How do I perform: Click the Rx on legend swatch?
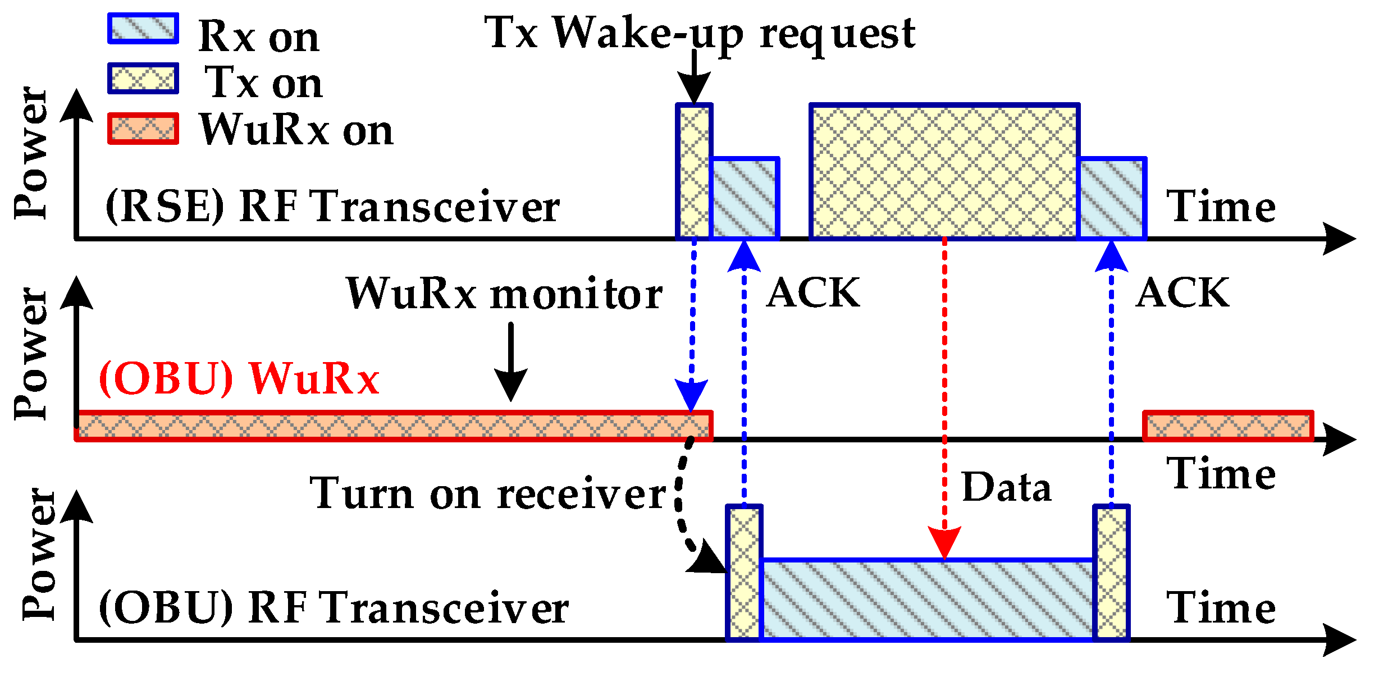point(143,29)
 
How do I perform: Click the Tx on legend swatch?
point(143,78)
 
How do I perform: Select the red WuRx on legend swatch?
point(143,129)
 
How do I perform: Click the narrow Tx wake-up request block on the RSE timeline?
point(694,171)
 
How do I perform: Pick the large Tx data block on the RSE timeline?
point(944,171)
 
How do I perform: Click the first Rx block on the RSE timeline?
point(745,199)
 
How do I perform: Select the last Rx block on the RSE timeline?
point(1112,199)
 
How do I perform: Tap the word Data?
point(1006,487)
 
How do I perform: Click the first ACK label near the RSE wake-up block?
point(812,292)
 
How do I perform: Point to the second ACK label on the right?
point(1182,292)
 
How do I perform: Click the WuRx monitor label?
point(504,294)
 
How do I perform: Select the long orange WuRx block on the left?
point(393,426)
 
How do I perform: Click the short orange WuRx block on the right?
point(1228,426)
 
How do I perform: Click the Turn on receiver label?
point(487,493)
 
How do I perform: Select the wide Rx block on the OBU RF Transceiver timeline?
point(928,599)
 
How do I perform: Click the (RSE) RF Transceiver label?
point(332,206)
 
